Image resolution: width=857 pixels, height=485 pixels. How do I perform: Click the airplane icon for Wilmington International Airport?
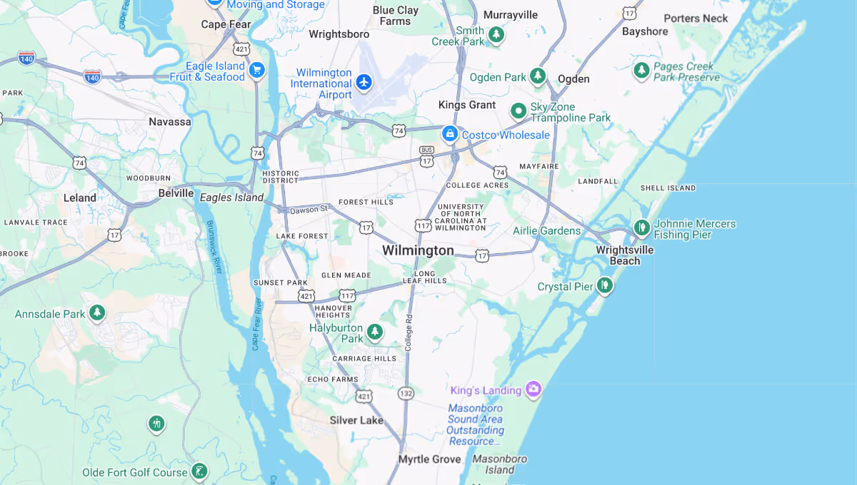click(x=364, y=82)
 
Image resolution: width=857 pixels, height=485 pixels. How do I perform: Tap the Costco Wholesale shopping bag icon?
click(x=450, y=133)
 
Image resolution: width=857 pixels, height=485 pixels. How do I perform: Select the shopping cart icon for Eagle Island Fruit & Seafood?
click(x=257, y=70)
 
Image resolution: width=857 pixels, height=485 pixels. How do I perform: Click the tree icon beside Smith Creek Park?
click(x=496, y=34)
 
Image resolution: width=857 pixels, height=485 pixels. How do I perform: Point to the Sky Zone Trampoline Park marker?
click(x=518, y=111)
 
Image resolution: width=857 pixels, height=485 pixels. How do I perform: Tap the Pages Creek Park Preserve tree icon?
click(x=642, y=70)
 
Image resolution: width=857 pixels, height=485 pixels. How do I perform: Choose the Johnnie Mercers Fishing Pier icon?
click(x=641, y=228)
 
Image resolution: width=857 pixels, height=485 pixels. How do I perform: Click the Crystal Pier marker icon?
click(x=605, y=286)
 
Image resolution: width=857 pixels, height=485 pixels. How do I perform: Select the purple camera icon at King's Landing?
click(x=533, y=389)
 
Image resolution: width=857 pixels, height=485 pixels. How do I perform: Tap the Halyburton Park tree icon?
click(x=374, y=332)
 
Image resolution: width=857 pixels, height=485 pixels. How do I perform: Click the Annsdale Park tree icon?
click(x=97, y=313)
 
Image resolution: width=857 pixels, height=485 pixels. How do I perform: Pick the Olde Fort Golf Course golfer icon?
click(x=200, y=471)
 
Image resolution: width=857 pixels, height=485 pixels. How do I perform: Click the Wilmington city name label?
click(x=418, y=250)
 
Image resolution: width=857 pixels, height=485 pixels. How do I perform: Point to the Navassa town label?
click(x=170, y=122)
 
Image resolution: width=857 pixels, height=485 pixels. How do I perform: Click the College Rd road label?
click(x=409, y=333)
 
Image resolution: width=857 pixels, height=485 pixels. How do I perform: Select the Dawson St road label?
click(x=309, y=209)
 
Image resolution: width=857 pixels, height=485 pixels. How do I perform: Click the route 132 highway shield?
click(x=406, y=394)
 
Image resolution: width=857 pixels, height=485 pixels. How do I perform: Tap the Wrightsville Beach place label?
click(x=625, y=255)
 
